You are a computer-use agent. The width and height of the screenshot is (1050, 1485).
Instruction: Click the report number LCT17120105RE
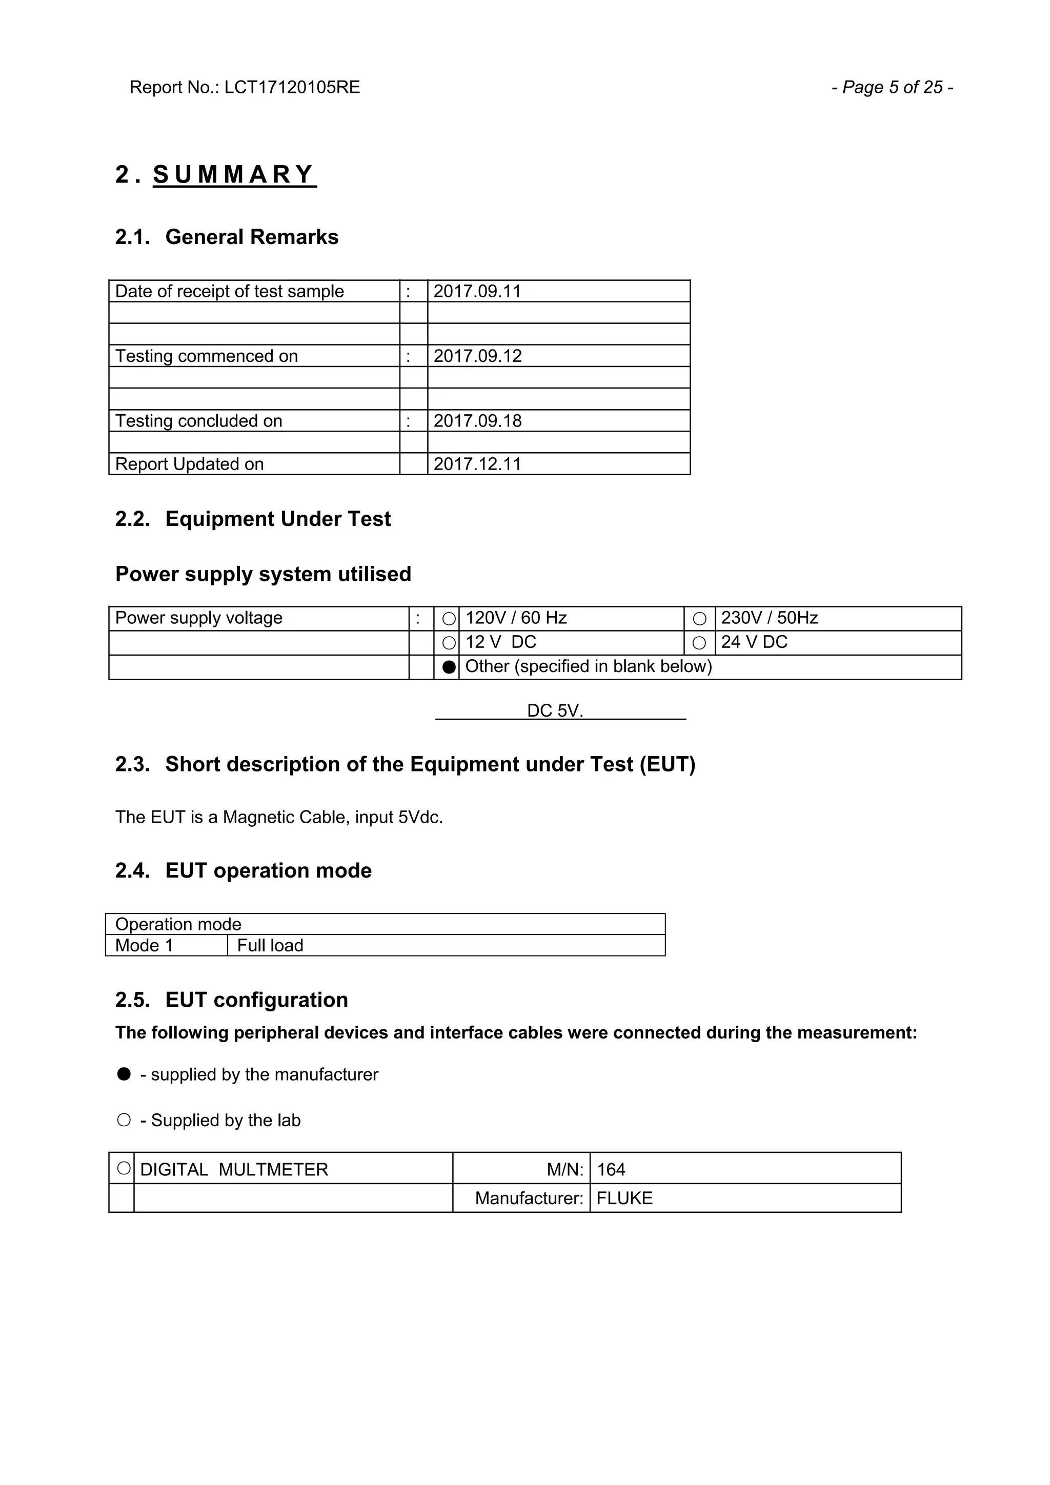click(292, 87)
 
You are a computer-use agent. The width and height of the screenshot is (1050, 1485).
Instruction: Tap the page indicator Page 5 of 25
click(892, 87)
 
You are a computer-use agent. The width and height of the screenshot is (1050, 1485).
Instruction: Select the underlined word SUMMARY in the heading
click(234, 175)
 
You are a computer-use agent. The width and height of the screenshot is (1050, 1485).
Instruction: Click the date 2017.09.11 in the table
click(477, 291)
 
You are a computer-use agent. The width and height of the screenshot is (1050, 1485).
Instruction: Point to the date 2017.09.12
click(477, 356)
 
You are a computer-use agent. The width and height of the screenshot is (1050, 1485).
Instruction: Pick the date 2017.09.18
click(477, 421)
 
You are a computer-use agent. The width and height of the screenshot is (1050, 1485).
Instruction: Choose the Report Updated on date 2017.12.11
click(477, 464)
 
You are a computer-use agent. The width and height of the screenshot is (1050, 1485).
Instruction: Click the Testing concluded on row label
click(198, 421)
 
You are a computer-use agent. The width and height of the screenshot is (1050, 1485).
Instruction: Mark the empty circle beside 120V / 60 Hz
click(449, 619)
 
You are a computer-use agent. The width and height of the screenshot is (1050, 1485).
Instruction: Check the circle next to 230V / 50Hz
click(699, 619)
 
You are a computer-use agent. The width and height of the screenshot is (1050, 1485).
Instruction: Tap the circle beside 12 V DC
click(449, 643)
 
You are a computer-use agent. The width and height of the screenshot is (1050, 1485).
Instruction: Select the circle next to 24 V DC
click(699, 643)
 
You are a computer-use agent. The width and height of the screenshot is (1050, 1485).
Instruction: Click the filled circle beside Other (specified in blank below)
click(449, 667)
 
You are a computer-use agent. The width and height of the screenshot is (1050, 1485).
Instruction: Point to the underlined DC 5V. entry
click(555, 711)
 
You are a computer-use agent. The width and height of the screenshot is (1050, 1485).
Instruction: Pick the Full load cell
click(270, 946)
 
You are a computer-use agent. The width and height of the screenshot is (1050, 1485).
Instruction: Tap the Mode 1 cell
click(144, 946)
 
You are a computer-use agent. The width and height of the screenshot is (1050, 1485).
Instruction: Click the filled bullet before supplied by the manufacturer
click(124, 1074)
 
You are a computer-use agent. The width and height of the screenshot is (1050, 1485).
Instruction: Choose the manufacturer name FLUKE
click(624, 1198)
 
